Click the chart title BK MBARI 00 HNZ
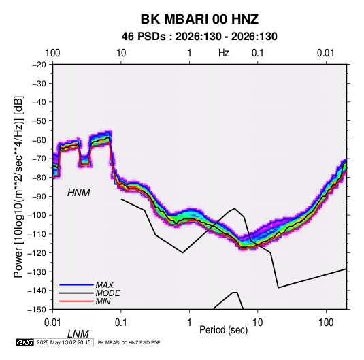(199, 19)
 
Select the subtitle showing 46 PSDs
(199, 37)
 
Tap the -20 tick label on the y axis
(39, 65)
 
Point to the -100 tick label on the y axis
(37, 215)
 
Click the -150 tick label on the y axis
(37, 310)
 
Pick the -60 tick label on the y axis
(39, 140)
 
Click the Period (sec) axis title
(224, 330)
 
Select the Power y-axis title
(18, 187)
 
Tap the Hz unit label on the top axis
(224, 53)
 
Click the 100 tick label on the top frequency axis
(52, 53)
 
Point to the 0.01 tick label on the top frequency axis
(325, 53)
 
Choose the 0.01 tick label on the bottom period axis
(52, 323)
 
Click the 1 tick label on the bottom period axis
(189, 323)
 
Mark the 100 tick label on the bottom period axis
(326, 323)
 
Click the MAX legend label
(105, 285)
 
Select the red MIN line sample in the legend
(76, 301)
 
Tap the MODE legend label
(107, 293)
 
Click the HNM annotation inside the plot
(79, 193)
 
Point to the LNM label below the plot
(78, 334)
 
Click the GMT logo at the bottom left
(25, 342)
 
